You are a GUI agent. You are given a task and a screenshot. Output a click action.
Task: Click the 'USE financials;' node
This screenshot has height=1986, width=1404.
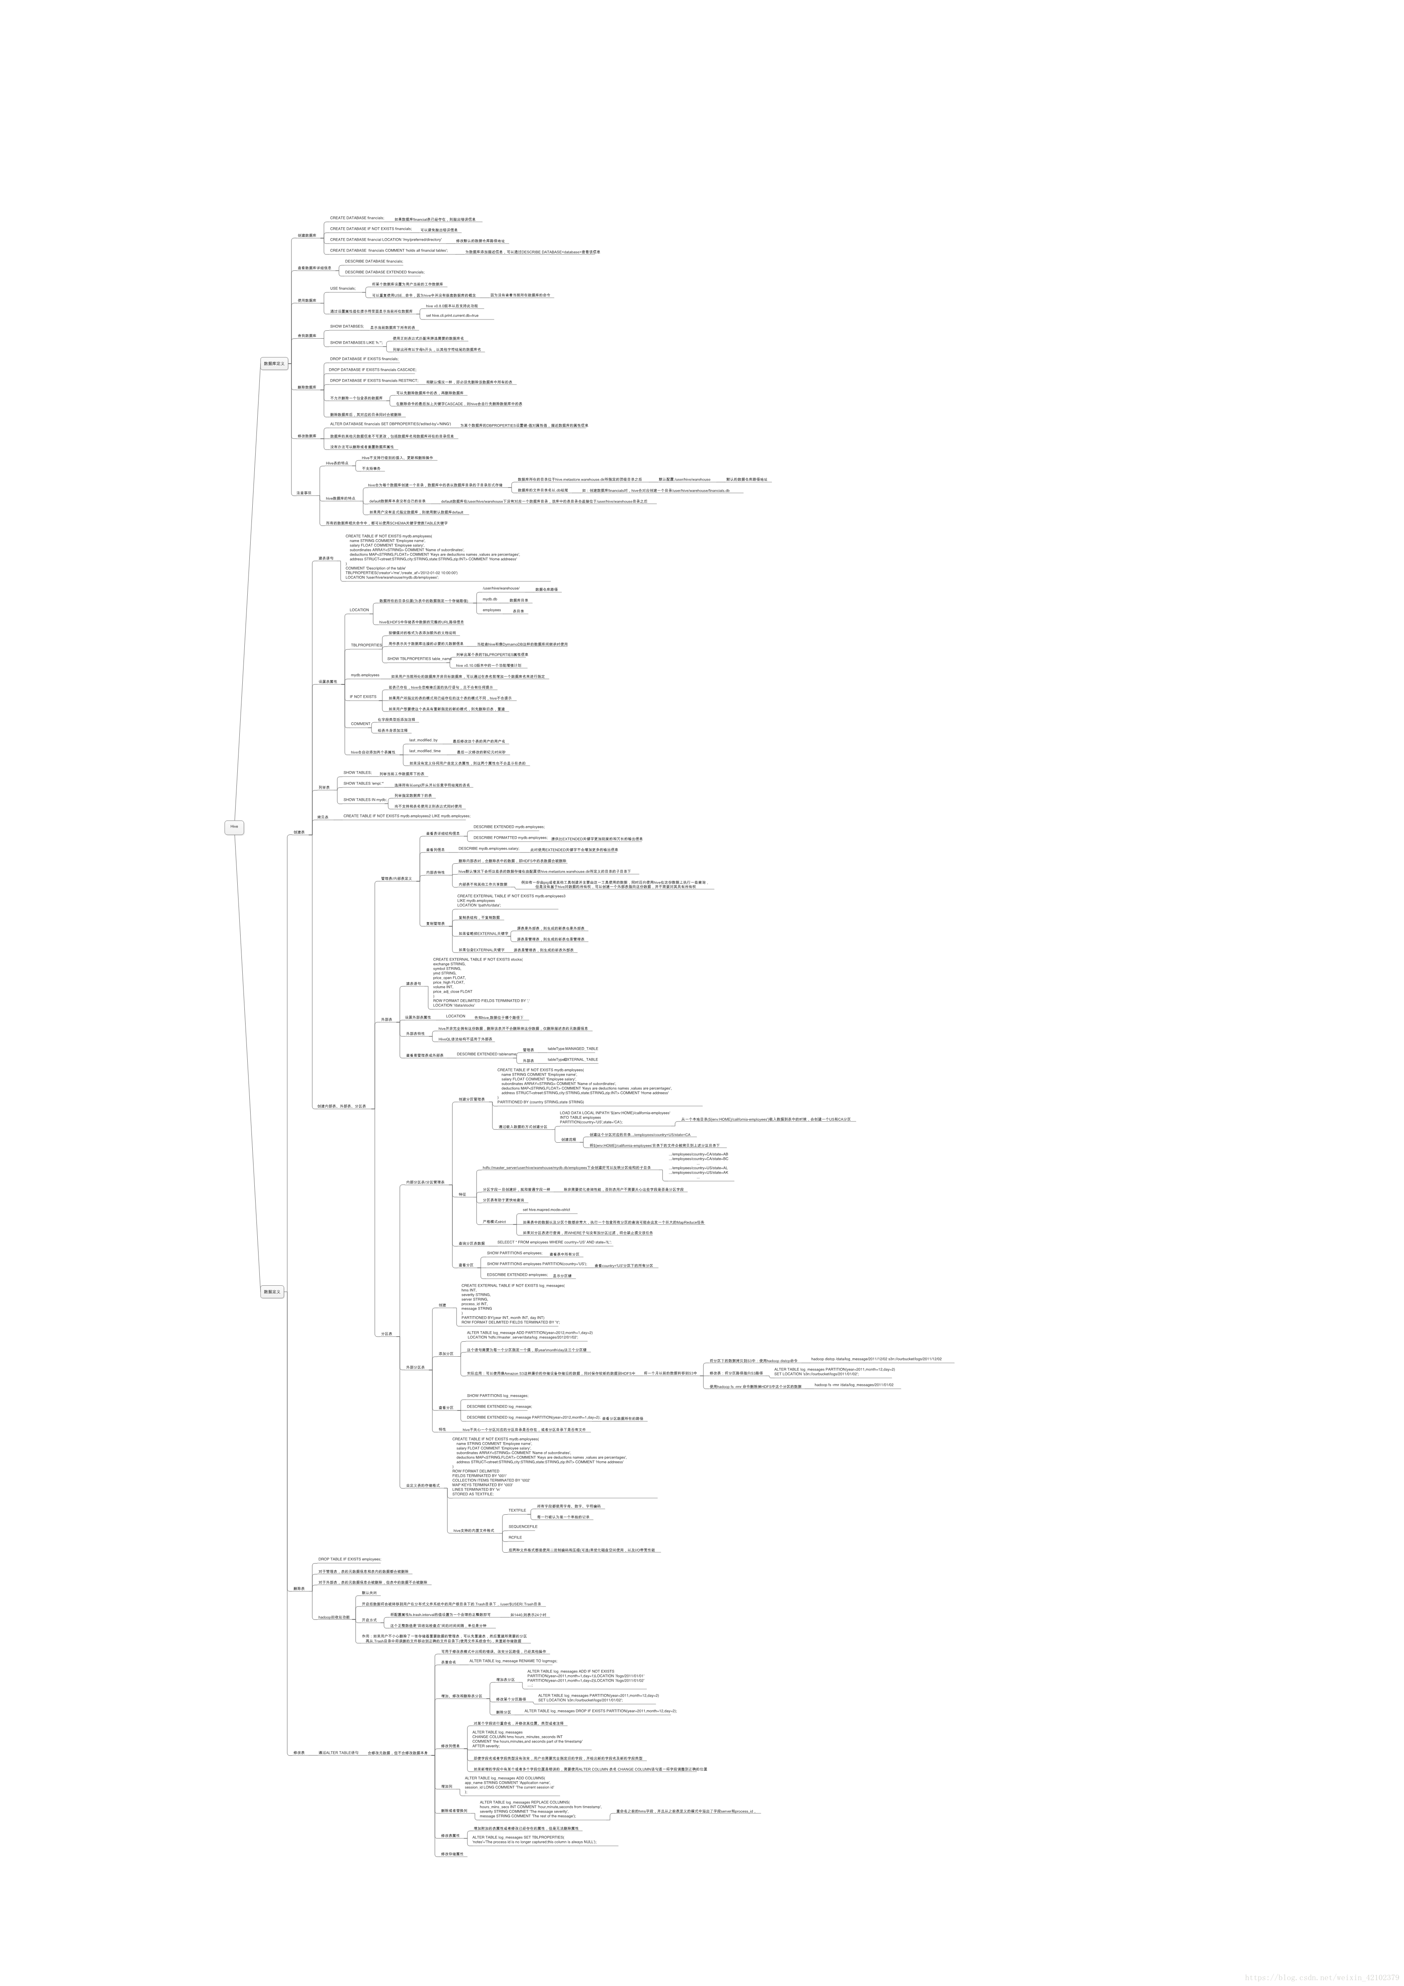343,288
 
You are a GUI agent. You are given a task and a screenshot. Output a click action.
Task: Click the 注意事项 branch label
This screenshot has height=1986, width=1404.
304,493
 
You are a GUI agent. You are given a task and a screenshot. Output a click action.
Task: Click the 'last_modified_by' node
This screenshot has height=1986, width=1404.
423,740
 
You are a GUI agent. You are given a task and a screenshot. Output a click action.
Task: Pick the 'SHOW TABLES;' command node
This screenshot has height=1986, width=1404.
357,772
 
